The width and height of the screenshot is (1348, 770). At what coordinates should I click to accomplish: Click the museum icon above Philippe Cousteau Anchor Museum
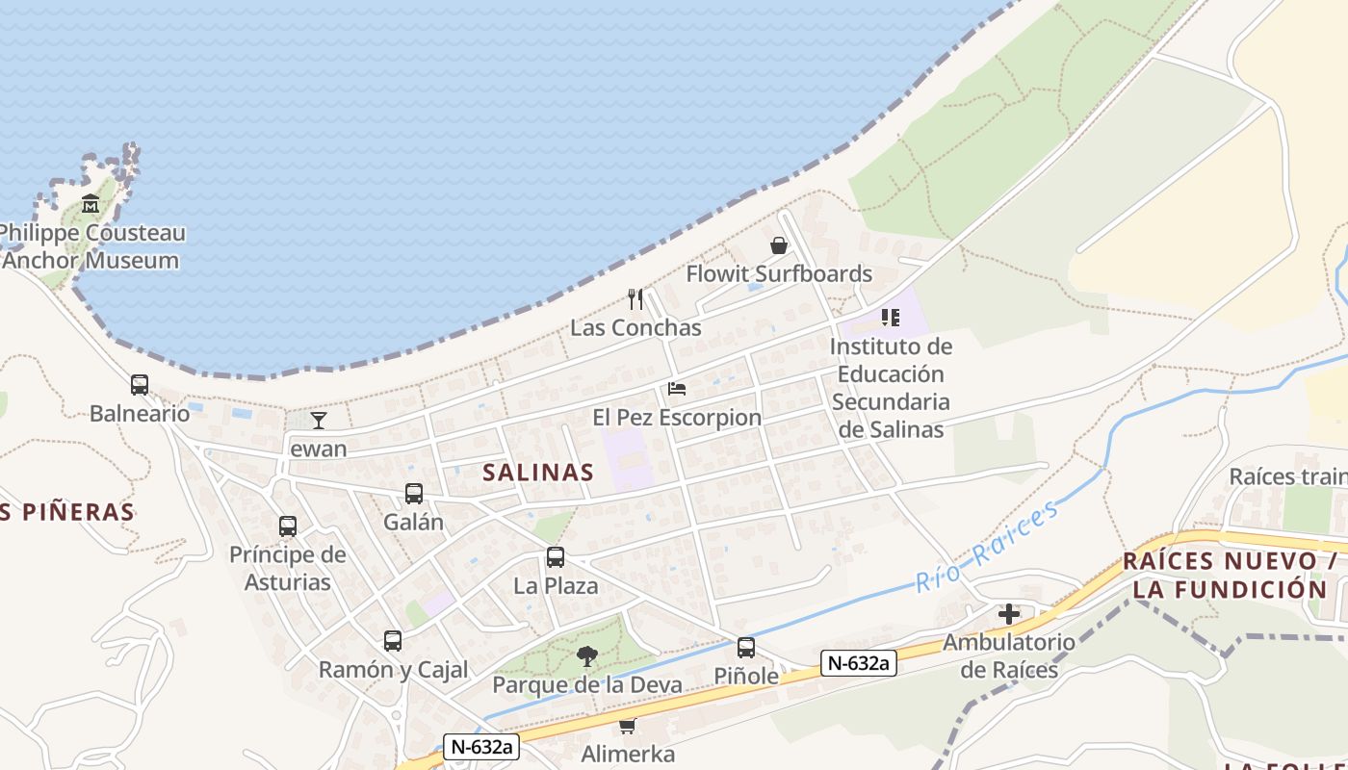(91, 204)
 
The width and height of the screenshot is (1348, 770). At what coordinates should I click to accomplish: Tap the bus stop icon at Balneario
(140, 385)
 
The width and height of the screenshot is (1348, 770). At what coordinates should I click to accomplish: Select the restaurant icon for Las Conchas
(635, 299)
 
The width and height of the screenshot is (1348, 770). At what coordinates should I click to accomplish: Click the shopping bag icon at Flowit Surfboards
(779, 245)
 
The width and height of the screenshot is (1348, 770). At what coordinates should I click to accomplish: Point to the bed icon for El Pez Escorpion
(677, 389)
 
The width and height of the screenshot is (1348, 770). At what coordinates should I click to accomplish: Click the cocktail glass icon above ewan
(319, 420)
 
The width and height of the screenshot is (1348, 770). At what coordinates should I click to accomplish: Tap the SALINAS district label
(538, 473)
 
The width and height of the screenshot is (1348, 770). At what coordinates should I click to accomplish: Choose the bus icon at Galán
(414, 494)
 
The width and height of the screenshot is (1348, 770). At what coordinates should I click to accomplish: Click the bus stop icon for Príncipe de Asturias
(288, 526)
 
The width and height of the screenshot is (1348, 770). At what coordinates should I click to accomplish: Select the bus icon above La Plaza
(556, 557)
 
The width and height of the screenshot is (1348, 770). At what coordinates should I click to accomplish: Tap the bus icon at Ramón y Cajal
(392, 641)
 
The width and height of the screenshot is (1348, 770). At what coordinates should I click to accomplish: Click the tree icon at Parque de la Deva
(586, 656)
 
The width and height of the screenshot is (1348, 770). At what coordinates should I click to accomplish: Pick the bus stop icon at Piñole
(746, 648)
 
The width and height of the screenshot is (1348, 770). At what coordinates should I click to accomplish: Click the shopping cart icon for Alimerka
(628, 726)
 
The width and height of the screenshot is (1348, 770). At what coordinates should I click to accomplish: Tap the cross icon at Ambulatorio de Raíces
(1009, 613)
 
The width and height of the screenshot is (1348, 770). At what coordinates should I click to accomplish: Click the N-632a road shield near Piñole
(859, 662)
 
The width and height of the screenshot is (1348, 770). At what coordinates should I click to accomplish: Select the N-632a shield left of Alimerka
(481, 746)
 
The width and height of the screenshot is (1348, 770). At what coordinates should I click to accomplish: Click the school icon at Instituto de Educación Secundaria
(891, 317)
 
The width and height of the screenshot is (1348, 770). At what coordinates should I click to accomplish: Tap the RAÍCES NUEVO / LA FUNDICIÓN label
(1231, 576)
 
